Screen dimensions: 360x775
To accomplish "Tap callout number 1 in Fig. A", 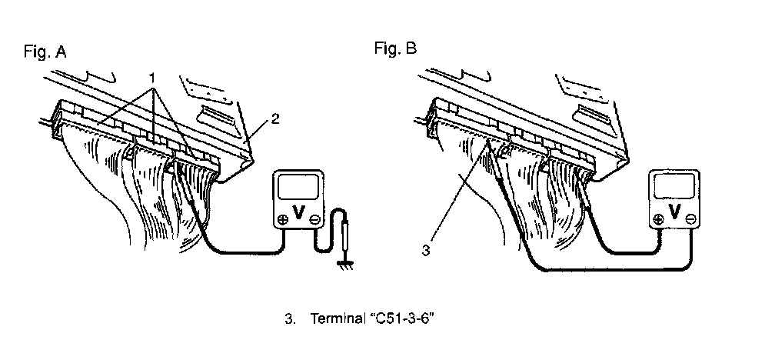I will pyautogui.click(x=153, y=78).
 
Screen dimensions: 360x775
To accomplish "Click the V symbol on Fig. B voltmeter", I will pyautogui.click(x=674, y=212).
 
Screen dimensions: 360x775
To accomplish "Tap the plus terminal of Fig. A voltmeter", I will pyautogui.click(x=283, y=219).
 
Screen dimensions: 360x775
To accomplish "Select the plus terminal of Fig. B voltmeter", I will pyautogui.click(x=658, y=219).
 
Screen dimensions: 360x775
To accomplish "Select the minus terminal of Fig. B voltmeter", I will pyautogui.click(x=691, y=219).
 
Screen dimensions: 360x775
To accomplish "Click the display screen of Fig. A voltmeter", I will pyautogui.click(x=298, y=188).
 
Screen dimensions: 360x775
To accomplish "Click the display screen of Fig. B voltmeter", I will pyautogui.click(x=674, y=187).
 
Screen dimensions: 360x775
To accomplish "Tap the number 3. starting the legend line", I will pyautogui.click(x=290, y=318).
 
